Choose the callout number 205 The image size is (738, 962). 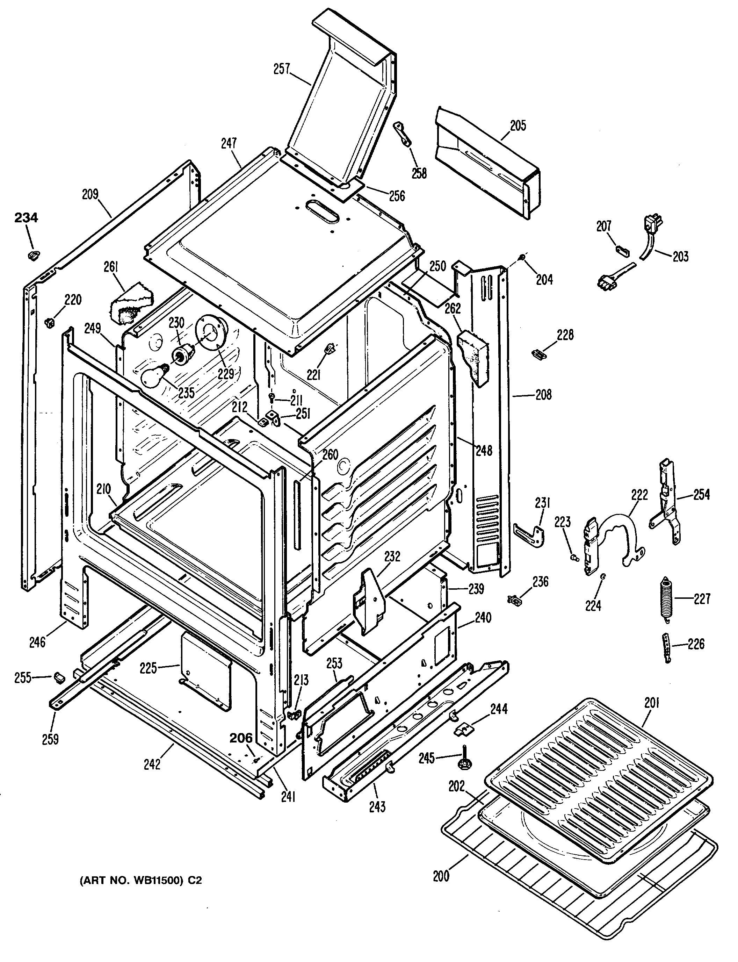point(518,126)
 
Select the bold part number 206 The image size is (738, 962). point(241,738)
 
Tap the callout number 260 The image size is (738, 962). point(330,454)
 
